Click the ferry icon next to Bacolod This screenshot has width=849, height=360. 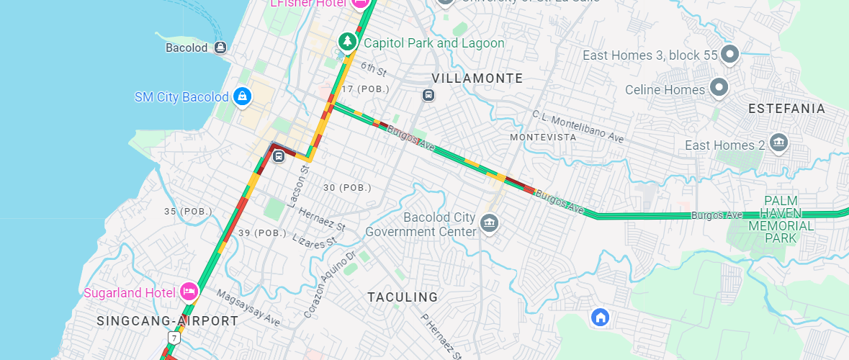(x=220, y=48)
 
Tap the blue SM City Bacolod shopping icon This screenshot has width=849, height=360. (x=243, y=96)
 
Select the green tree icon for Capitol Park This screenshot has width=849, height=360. (x=348, y=42)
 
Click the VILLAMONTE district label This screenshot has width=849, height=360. (x=477, y=78)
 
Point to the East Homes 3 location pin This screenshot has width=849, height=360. (x=730, y=54)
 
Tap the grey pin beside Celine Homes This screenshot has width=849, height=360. (x=718, y=89)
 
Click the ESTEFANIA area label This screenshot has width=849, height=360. (x=786, y=108)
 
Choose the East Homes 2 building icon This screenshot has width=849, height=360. (x=778, y=143)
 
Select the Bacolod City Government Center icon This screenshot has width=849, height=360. (x=490, y=223)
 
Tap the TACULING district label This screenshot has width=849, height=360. (x=403, y=297)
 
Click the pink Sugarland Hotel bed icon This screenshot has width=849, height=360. (x=189, y=292)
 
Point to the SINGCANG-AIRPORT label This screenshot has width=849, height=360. (x=167, y=320)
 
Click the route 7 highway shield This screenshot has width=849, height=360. (x=174, y=338)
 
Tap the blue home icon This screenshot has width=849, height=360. (x=599, y=317)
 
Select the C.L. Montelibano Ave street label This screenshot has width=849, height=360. (x=578, y=126)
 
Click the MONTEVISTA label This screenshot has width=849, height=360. (x=543, y=137)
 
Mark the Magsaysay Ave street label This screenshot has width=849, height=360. (x=248, y=308)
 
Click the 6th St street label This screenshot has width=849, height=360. (x=374, y=69)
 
